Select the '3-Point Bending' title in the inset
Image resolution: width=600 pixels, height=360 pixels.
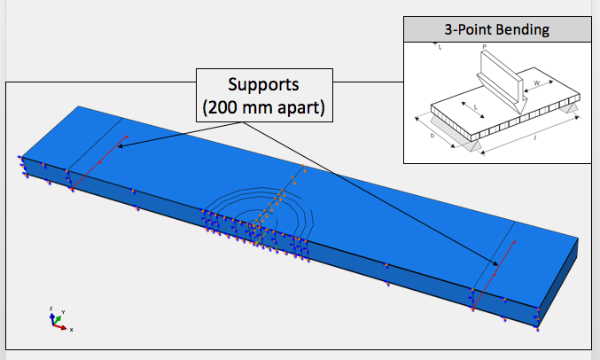coord(496,29)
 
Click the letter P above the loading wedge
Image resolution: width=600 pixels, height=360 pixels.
coord(483,47)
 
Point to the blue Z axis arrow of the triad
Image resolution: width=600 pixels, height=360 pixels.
coord(51,316)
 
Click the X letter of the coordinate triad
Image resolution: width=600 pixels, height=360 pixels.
coord(71,330)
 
